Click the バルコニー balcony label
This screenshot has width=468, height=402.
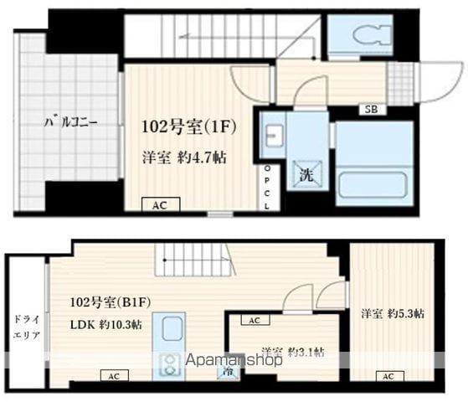coord(71,122)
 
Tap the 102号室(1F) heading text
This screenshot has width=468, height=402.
coord(192,129)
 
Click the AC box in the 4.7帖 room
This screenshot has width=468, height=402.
coord(158,204)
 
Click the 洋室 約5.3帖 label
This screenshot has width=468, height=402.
coord(393,314)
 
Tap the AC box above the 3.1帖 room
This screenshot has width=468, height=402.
coord(254,320)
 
